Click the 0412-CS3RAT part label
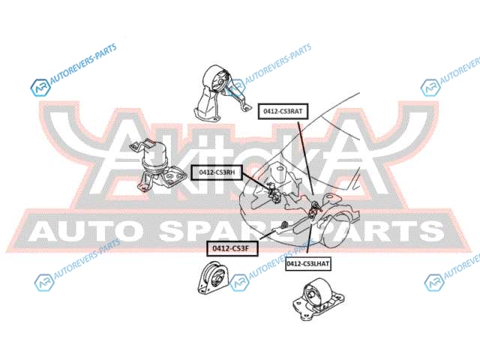(x=281, y=111)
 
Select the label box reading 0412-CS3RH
(x=217, y=172)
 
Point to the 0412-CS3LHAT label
(x=308, y=263)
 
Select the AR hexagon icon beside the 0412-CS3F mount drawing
(x=238, y=282)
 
